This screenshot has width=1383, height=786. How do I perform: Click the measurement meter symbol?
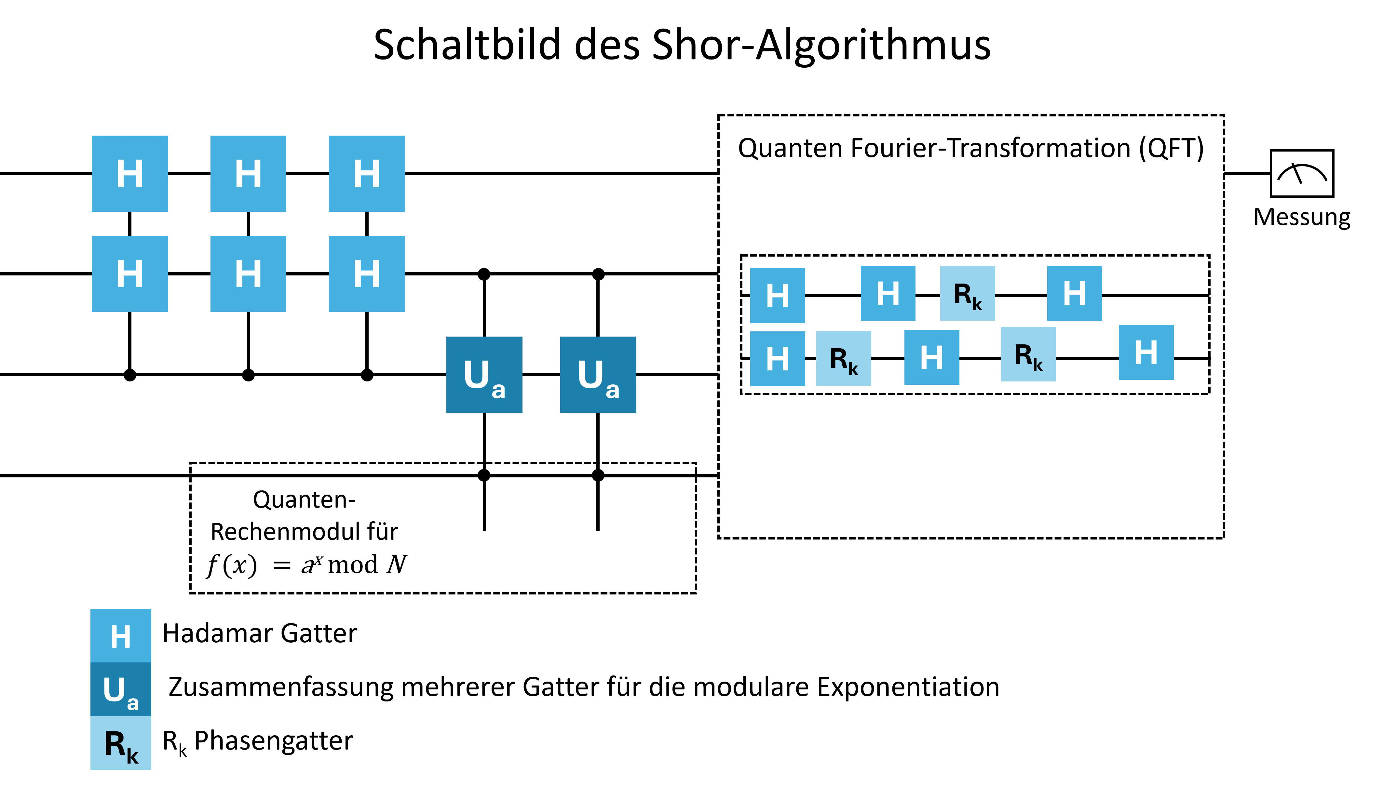pos(1301,173)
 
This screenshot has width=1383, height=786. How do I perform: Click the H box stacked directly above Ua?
pos(120,635)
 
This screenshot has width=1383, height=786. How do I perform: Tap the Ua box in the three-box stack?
pos(120,689)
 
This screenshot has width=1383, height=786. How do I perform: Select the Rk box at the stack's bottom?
pos(120,743)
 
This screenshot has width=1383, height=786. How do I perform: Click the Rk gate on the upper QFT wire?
pos(967,293)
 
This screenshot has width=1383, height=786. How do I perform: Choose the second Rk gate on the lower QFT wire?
pos(1028,354)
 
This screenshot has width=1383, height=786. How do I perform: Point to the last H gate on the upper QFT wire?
pos(1074,293)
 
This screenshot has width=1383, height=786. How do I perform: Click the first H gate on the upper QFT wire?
pos(777,295)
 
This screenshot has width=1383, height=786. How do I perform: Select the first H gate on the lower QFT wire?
pos(777,358)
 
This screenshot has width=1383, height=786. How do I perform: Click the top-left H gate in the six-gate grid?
pos(129,173)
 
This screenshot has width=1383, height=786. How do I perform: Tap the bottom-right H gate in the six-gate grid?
pos(367,274)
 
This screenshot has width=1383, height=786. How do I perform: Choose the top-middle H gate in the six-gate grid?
pos(248,173)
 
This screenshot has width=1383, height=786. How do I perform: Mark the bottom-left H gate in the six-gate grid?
pos(129,274)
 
